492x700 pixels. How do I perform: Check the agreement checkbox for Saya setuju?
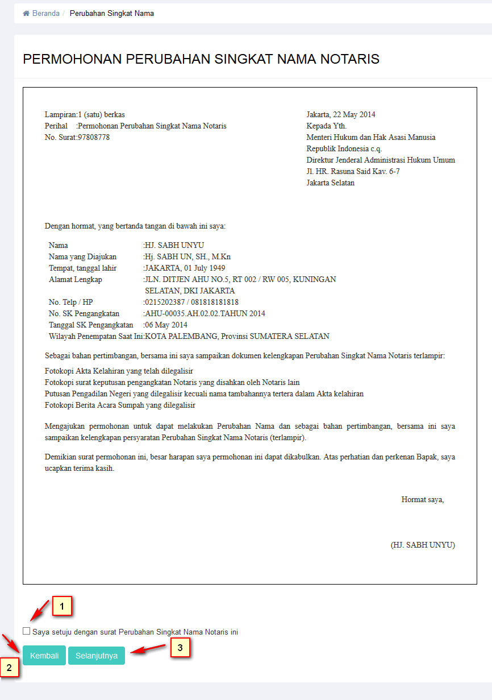(x=27, y=631)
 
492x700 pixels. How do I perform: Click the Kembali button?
(x=44, y=656)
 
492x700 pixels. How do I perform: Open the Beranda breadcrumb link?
(x=45, y=14)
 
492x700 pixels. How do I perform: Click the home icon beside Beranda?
(x=26, y=14)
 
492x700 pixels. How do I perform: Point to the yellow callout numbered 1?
(x=62, y=606)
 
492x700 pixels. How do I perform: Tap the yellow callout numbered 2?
(x=10, y=667)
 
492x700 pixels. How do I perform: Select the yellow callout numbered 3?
(x=180, y=647)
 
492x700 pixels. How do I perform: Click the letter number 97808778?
(x=94, y=138)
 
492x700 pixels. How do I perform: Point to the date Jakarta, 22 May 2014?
(x=341, y=115)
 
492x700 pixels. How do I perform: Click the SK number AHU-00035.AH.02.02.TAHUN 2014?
(x=205, y=314)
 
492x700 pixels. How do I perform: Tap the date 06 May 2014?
(x=166, y=325)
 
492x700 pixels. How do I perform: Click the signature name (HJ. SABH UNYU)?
(x=423, y=545)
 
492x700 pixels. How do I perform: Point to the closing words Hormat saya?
(x=423, y=500)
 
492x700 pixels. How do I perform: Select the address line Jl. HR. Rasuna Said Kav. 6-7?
(x=353, y=172)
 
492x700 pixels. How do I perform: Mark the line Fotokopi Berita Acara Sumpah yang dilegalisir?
(x=120, y=405)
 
